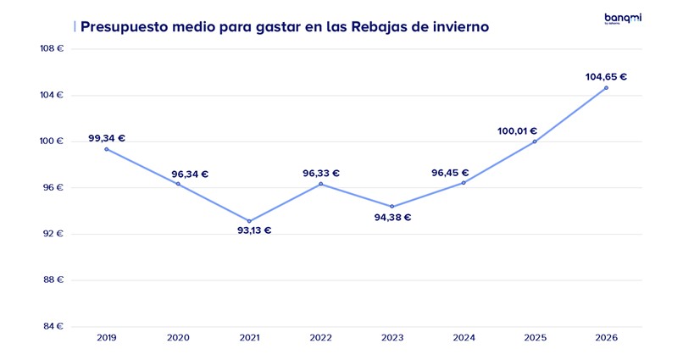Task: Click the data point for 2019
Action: click(106, 149)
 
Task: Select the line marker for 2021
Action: click(249, 221)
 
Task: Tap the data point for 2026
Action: click(606, 87)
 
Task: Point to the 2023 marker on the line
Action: click(391, 207)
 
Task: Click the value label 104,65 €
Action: click(606, 76)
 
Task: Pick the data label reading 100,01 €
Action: click(516, 131)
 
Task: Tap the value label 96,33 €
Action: click(321, 174)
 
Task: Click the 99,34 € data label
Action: click(107, 138)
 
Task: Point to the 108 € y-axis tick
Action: click(52, 48)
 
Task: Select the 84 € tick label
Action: click(53, 326)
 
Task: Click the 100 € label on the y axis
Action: click(52, 141)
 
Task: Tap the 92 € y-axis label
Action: click(53, 234)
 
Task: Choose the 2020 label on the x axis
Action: click(178, 337)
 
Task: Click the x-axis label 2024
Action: click(464, 337)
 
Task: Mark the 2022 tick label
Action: click(320, 337)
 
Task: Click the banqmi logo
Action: click(622, 18)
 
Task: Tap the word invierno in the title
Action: click(458, 27)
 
